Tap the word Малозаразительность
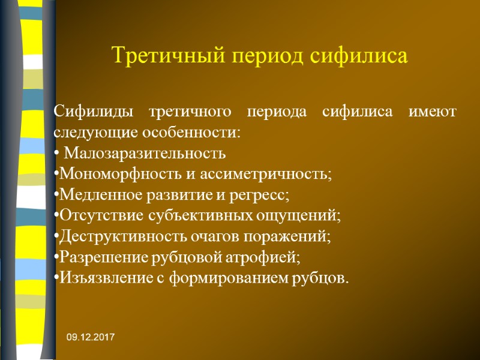click(x=145, y=153)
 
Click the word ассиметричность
click(x=276, y=174)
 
